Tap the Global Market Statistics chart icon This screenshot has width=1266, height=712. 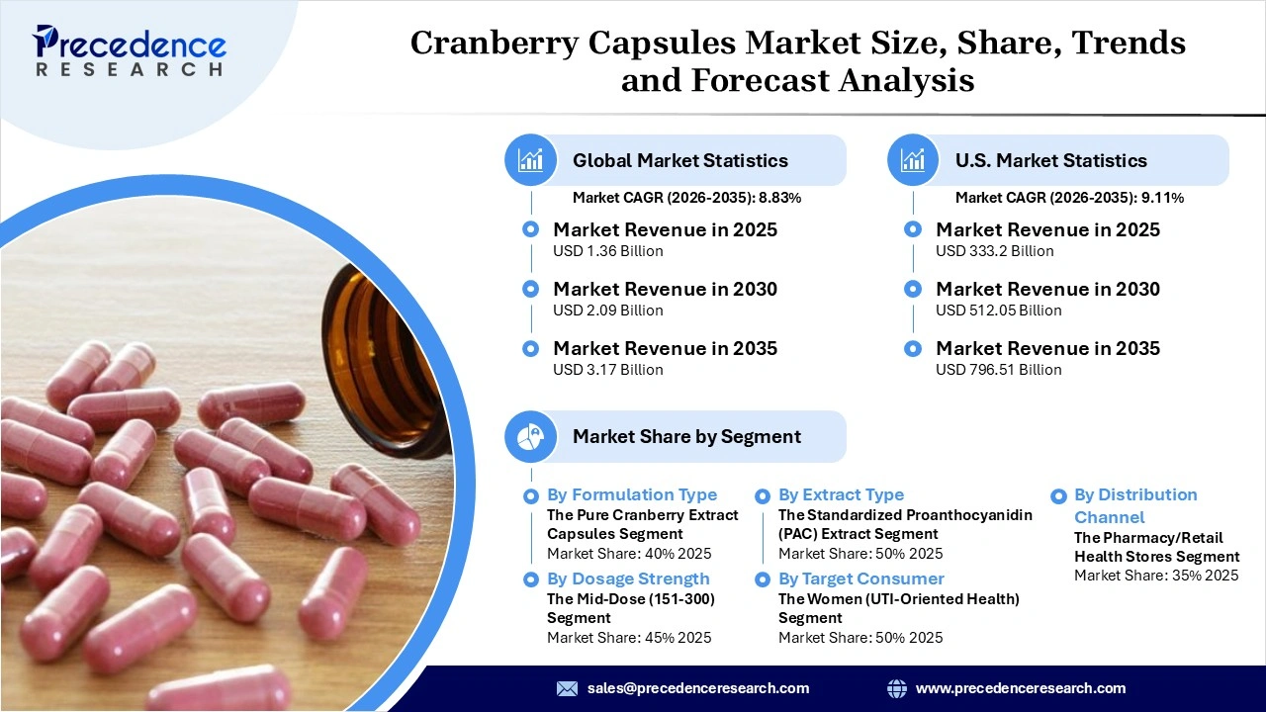[531, 160]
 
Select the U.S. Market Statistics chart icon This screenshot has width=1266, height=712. [913, 160]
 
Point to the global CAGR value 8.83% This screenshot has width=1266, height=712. [779, 198]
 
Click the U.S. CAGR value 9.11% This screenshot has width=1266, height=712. [1163, 198]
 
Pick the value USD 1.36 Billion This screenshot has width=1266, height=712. [607, 251]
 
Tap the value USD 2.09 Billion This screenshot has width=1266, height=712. [607, 311]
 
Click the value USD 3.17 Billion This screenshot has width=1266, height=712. [607, 370]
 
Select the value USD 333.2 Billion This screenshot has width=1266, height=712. [995, 251]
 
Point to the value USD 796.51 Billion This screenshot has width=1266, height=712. [999, 370]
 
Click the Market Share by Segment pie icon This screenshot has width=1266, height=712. [531, 436]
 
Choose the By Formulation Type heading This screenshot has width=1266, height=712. [632, 494]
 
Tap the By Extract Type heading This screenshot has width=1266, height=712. [841, 494]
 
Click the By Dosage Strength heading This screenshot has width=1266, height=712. [628, 578]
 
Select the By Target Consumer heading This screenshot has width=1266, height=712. [860, 578]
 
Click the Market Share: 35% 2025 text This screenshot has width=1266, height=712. [1156, 576]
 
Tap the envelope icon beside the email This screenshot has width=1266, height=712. [567, 688]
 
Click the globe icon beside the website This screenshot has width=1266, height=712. [897, 688]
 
